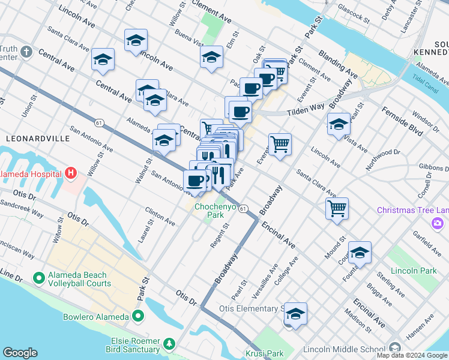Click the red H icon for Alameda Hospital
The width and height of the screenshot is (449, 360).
71,174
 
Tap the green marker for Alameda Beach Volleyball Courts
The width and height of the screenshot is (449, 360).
40,278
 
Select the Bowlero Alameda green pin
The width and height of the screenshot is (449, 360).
138,316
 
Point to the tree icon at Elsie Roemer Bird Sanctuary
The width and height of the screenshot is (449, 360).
170,344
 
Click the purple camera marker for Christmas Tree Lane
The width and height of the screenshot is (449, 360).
436,223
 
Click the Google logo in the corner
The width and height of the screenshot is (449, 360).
20,353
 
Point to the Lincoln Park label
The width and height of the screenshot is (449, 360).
413,271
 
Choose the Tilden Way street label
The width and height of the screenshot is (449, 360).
304,109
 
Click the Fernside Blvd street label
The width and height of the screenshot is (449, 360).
400,121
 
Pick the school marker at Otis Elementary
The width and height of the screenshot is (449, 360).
295,314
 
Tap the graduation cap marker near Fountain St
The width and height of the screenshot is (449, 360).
360,253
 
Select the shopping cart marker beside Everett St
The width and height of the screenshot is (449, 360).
280,145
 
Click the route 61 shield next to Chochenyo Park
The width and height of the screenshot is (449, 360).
243,208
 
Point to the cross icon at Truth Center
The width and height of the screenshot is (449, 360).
25,52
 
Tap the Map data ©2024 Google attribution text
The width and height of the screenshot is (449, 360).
412,355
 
